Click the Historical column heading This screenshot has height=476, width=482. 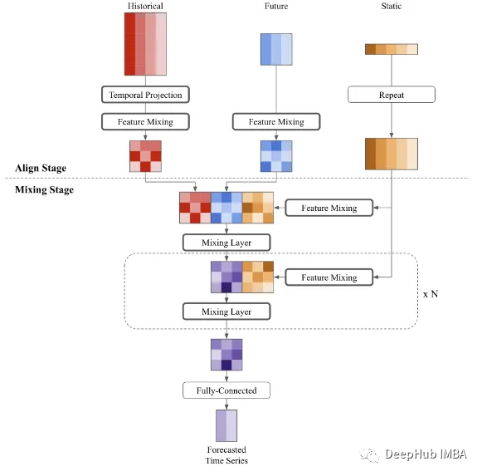click(145, 7)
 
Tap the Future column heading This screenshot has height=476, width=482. click(276, 7)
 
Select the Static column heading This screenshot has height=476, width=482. click(392, 7)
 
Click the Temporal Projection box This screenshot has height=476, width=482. click(145, 95)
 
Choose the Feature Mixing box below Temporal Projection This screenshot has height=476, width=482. click(145, 121)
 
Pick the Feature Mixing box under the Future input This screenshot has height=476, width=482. click(276, 121)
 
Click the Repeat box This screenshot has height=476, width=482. click(392, 95)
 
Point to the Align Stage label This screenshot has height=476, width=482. click(41, 169)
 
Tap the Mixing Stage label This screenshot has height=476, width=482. click(44, 190)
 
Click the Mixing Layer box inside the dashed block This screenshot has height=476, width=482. click(226, 312)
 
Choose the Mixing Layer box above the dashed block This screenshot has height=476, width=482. click(226, 243)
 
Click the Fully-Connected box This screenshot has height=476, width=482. click(226, 390)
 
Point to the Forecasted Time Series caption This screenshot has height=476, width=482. click(226, 455)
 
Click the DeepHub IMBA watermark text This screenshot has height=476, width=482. click(425, 454)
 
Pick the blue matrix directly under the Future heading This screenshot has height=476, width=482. click(276, 49)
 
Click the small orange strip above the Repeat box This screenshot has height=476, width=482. click(392, 49)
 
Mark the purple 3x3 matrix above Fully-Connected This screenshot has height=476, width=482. click(226, 354)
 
